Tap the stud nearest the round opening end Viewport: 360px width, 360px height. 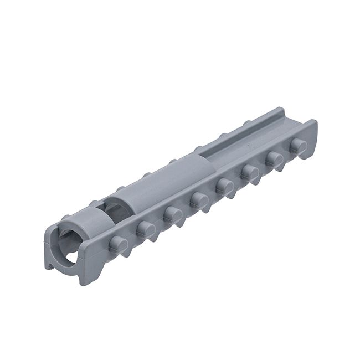(x=118, y=244)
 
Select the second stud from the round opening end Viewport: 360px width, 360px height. (x=146, y=228)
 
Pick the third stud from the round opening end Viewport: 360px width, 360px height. (x=173, y=213)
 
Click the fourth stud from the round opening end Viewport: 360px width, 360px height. (x=199, y=199)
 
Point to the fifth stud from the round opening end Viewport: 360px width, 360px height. (x=224, y=186)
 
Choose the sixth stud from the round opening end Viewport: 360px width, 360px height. (x=250, y=172)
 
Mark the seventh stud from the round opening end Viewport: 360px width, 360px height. (x=274, y=160)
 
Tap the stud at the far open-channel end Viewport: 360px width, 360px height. (x=298, y=146)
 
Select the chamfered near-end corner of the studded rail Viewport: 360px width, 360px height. (x=89, y=275)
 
